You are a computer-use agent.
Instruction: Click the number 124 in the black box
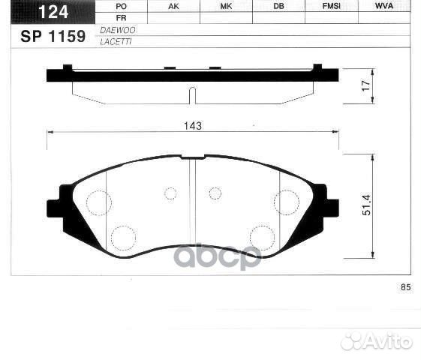50,10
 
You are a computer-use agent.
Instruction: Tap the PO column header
122,6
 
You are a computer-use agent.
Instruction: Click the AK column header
173,6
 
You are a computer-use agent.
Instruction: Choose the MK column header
226,6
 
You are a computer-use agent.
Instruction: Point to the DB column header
278,6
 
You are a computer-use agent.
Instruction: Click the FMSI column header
331,6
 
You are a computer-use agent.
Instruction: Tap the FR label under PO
122,17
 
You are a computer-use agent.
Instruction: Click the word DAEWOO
113,28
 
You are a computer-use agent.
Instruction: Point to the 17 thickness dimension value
366,86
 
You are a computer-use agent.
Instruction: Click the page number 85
407,287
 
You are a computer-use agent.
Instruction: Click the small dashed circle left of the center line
170,193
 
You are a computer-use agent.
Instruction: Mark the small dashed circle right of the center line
215,193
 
